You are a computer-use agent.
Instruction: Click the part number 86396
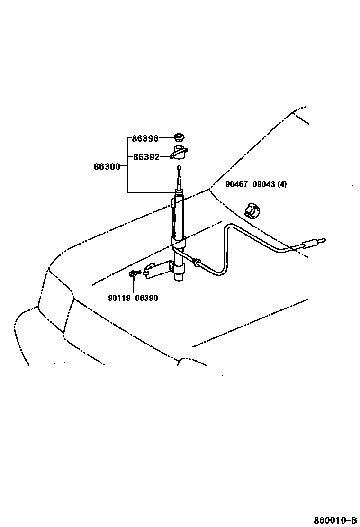(x=145, y=138)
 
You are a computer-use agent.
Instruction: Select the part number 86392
(x=146, y=157)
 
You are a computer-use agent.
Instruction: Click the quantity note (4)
(x=282, y=184)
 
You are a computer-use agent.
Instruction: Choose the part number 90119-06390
(x=133, y=298)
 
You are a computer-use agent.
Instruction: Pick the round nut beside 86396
(x=179, y=138)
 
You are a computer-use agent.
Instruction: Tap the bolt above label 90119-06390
(x=134, y=273)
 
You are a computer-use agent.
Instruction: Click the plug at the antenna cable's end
(x=313, y=244)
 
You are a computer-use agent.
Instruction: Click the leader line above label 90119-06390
(x=134, y=285)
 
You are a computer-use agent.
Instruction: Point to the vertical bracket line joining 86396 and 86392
(x=128, y=148)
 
